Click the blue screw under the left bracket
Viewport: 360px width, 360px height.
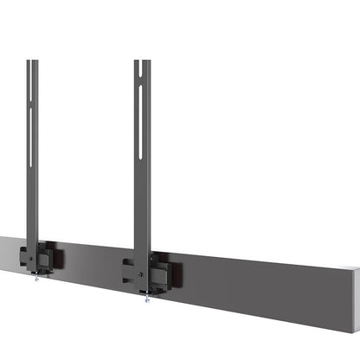[x=35, y=277]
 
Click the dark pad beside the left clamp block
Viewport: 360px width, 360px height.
[x=60, y=258]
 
